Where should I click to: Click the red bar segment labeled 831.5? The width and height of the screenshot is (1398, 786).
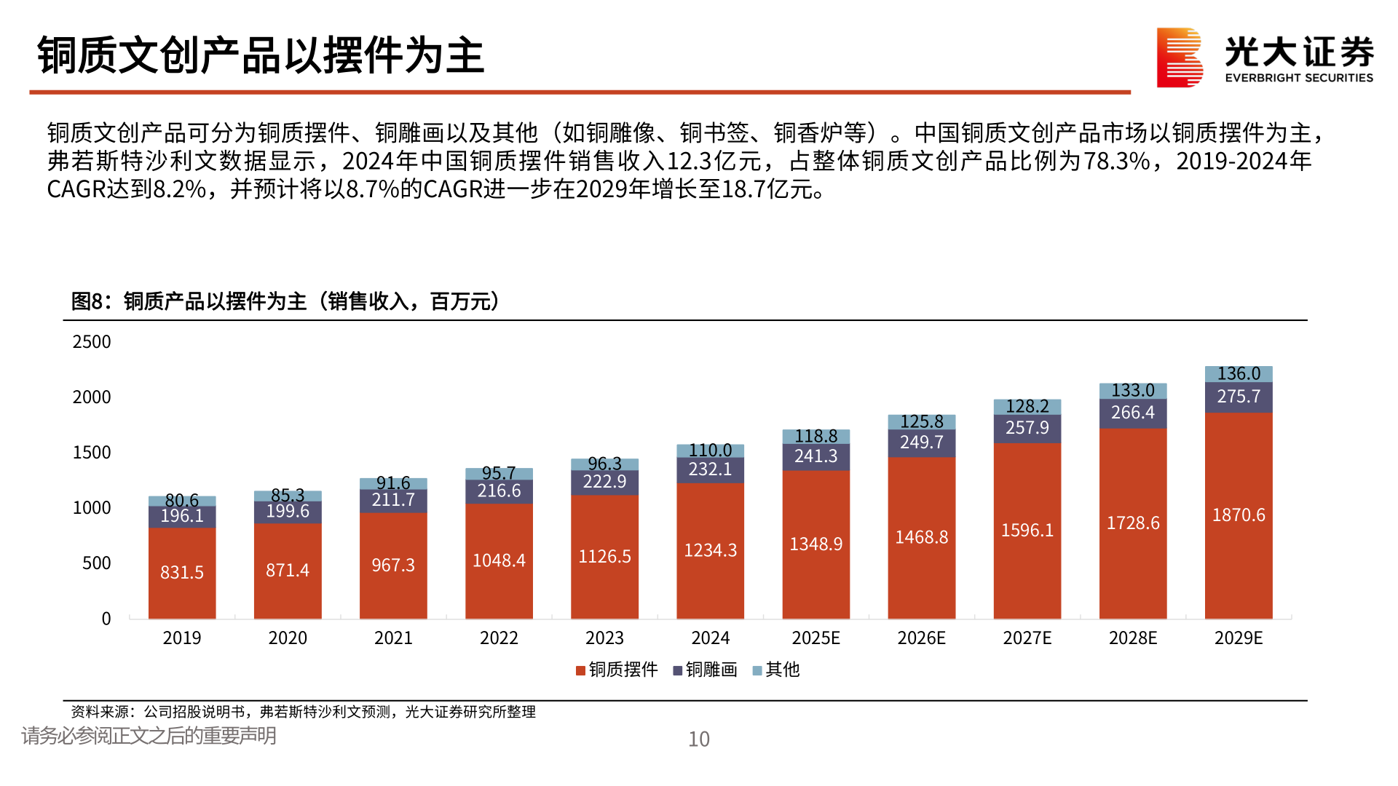(182, 573)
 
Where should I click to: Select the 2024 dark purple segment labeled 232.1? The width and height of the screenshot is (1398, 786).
(710, 470)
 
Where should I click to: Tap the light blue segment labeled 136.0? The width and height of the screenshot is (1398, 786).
(1238, 374)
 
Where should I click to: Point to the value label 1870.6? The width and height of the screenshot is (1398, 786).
(1238, 515)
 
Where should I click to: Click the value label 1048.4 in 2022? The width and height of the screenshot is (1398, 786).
(499, 560)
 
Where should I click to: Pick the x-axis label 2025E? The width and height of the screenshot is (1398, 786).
(815, 638)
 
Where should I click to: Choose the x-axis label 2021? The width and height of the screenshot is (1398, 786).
(393, 638)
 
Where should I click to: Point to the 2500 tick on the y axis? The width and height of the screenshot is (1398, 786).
(92, 342)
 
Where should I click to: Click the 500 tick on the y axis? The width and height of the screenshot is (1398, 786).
(96, 563)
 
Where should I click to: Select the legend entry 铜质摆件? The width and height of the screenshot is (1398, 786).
(617, 670)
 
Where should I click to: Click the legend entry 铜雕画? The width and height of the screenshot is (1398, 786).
(705, 670)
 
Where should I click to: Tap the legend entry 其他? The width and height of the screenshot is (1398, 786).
(776, 670)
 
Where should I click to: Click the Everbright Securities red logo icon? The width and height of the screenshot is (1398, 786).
(1180, 57)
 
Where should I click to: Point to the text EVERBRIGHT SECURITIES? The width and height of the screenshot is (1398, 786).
(1299, 78)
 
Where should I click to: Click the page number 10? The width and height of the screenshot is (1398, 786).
(699, 739)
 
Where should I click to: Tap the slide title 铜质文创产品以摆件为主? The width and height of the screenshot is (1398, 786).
(261, 55)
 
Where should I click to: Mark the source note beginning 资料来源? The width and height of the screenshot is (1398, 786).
(303, 712)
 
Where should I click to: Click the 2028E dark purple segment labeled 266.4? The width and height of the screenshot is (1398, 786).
(1132, 413)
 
